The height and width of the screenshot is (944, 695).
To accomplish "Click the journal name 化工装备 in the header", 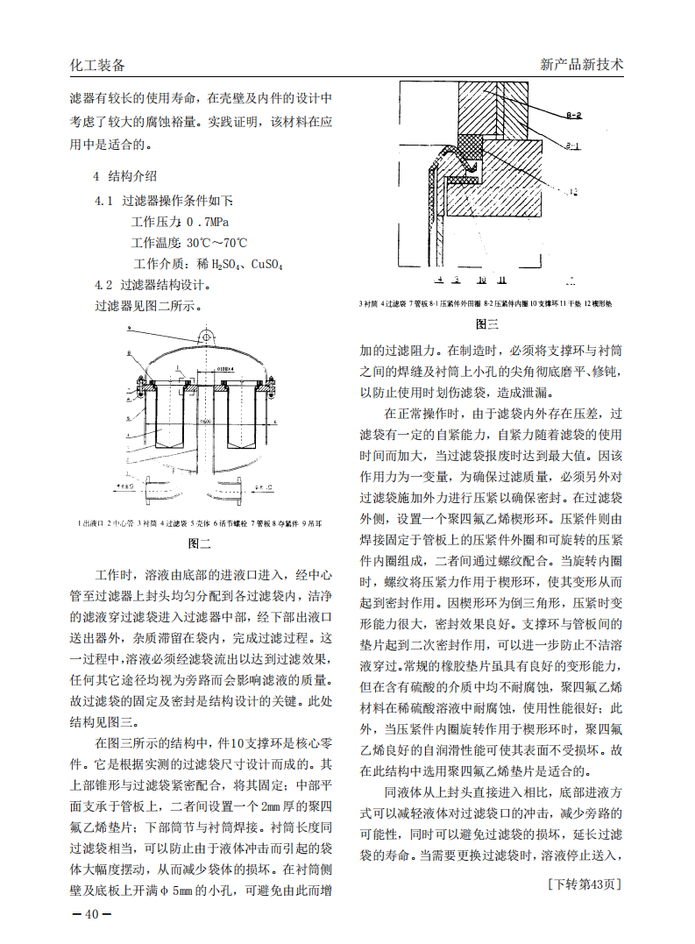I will pyautogui.click(x=97, y=66).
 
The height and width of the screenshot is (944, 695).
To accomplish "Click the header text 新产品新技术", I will pyautogui.click(x=582, y=65).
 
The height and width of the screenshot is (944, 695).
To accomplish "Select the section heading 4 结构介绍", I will pyautogui.click(x=125, y=175).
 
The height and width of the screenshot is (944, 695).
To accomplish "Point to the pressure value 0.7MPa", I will pyautogui.click(x=207, y=222).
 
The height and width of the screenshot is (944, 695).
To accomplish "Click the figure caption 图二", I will pyautogui.click(x=201, y=543).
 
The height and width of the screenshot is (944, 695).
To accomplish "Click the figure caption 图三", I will pyautogui.click(x=487, y=324).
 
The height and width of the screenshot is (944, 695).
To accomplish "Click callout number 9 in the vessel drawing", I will pyautogui.click(x=128, y=328).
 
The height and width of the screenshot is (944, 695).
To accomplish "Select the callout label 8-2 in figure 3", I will pyautogui.click(x=575, y=115).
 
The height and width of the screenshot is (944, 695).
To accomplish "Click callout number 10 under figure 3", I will pyautogui.click(x=482, y=280).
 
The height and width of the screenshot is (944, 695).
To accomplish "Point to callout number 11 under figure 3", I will pyautogui.click(x=502, y=280).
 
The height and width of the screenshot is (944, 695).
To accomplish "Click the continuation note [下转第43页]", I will pyautogui.click(x=583, y=883).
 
